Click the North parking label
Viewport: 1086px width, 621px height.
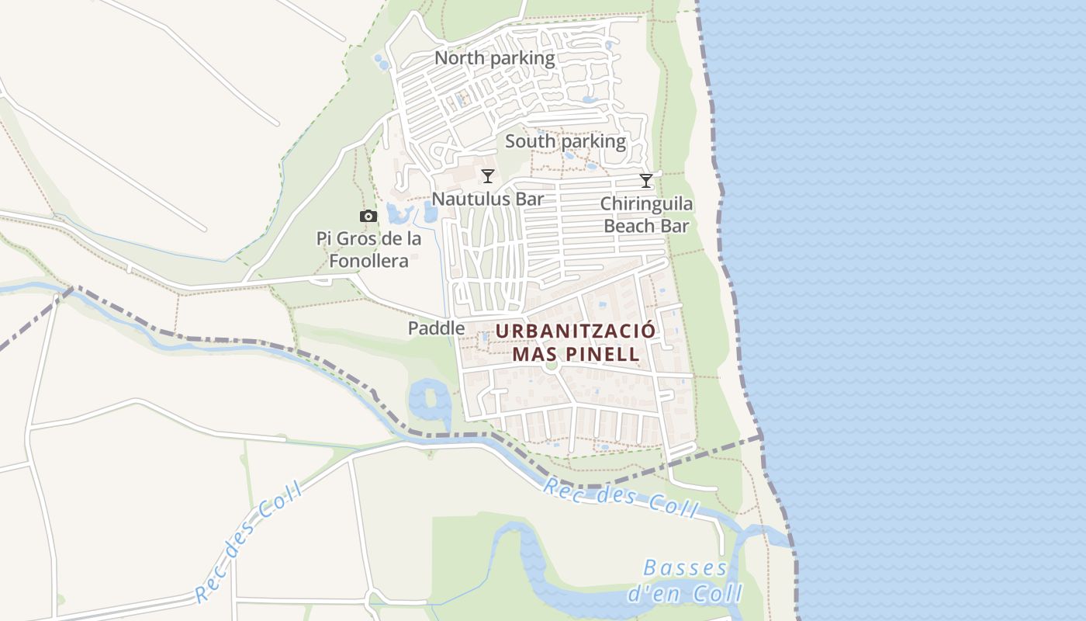tap(494, 58)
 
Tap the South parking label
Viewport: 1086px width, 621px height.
tap(565, 141)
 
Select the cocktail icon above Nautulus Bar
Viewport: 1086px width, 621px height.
tap(488, 176)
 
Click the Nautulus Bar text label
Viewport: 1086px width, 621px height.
tap(488, 199)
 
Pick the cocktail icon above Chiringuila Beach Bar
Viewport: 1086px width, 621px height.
tap(646, 181)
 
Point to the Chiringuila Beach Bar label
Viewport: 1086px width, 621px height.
tap(647, 215)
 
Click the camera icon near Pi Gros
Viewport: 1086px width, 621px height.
tap(368, 217)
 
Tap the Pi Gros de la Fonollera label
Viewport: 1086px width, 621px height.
tap(369, 249)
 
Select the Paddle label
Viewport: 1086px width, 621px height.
tap(436, 328)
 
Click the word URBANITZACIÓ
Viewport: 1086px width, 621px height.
tap(576, 331)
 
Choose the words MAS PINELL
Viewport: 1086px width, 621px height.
tap(576, 354)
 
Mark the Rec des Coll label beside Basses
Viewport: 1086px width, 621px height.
tap(621, 498)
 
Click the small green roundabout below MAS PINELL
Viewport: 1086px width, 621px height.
tap(552, 366)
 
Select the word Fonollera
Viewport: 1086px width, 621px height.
tap(368, 261)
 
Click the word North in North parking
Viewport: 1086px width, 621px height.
tap(459, 58)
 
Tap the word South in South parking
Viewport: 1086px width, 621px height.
tap(531, 141)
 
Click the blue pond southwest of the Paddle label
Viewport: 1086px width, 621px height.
tap(429, 400)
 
